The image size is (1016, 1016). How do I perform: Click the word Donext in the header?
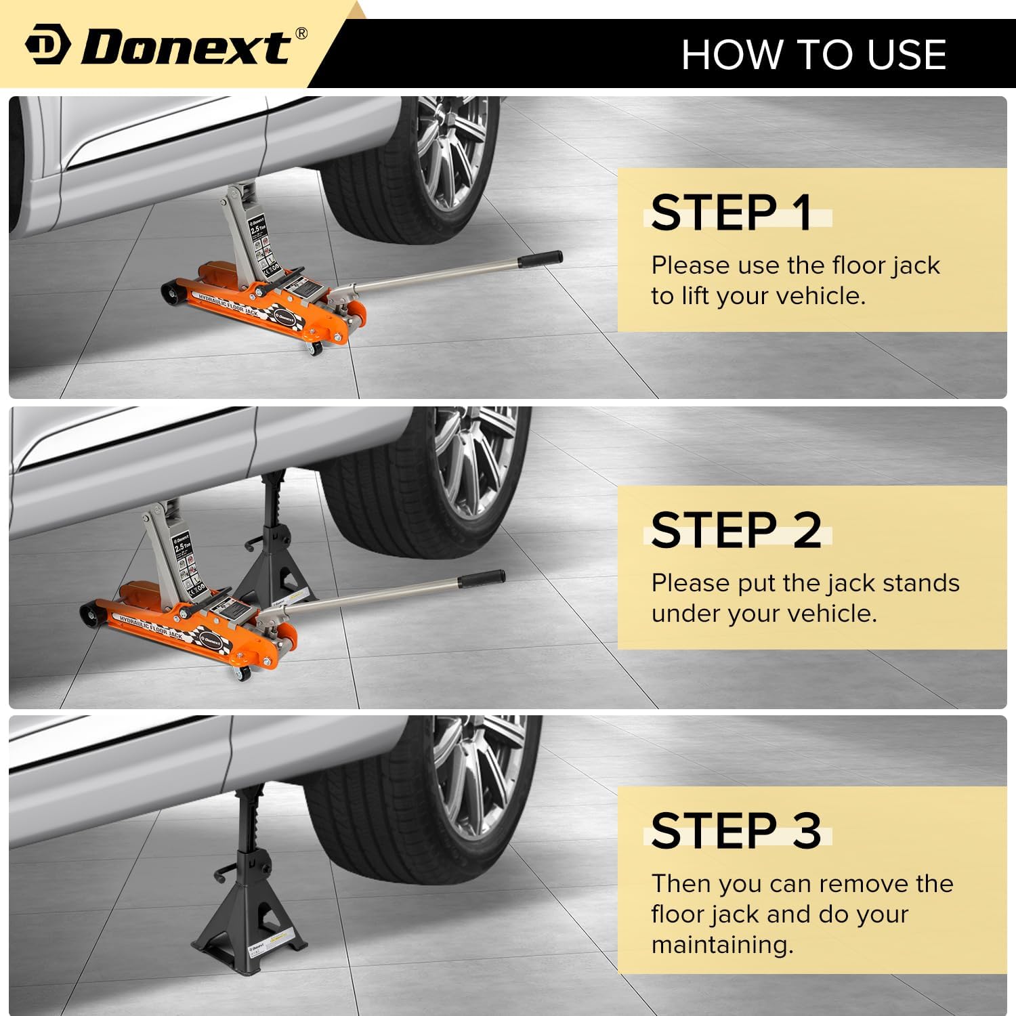coord(186,47)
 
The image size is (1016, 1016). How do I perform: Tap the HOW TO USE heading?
coord(813,54)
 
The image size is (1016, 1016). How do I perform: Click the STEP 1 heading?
coord(732,213)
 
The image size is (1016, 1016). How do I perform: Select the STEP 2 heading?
coord(736,530)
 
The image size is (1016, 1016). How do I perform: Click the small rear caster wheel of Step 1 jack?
coord(314,350)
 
